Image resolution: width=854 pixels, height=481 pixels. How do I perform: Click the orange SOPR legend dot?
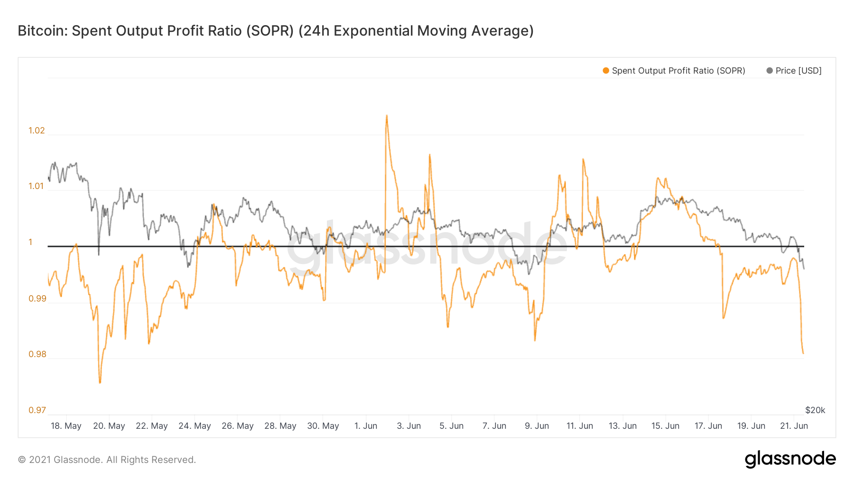click(x=606, y=71)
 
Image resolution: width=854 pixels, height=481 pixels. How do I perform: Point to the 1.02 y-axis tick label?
click(x=37, y=131)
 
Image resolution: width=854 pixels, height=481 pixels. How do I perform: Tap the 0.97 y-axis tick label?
click(x=37, y=410)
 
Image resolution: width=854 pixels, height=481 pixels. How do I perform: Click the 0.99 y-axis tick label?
click(x=37, y=299)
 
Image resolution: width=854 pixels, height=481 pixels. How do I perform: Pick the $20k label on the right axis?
click(x=815, y=410)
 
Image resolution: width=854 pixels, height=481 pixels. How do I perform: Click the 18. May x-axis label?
click(x=66, y=426)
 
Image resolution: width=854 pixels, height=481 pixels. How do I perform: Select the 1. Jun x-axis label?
click(x=365, y=426)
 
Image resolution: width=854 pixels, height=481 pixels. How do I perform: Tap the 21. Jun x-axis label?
click(x=794, y=426)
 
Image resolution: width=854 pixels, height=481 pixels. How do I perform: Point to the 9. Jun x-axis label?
click(x=537, y=426)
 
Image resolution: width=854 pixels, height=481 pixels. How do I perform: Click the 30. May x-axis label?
click(x=323, y=426)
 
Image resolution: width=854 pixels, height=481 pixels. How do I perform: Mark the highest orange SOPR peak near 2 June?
click(x=387, y=115)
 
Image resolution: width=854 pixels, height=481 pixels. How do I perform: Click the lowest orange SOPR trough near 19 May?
click(x=100, y=382)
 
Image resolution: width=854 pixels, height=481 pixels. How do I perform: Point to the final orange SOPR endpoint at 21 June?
click(x=803, y=353)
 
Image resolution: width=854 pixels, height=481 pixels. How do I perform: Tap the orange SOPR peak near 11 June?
click(x=583, y=160)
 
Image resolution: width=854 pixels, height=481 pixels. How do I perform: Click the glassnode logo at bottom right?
click(x=790, y=459)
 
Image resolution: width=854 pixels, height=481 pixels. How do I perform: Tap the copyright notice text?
click(x=107, y=460)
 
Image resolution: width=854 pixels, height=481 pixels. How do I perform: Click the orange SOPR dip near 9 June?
click(x=535, y=340)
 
